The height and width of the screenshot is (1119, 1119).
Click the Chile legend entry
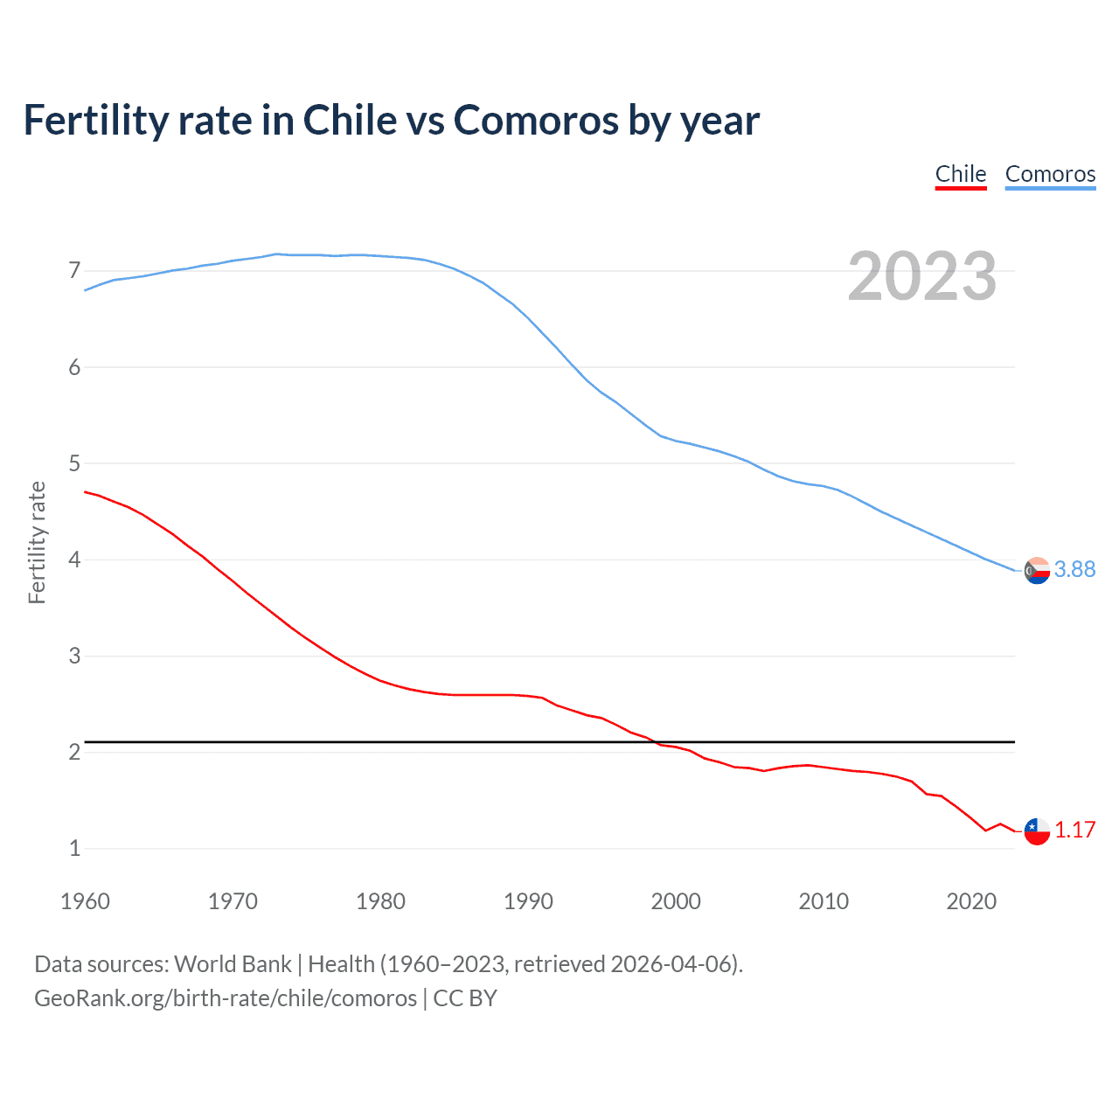[961, 174]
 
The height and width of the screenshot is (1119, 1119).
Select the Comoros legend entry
[1050, 174]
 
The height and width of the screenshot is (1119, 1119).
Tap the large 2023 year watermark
[921, 276]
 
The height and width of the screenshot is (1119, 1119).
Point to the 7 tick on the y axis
[74, 271]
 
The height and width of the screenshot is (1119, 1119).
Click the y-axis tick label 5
[74, 463]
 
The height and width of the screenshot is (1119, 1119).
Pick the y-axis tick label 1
[74, 848]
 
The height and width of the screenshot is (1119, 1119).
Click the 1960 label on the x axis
[85, 901]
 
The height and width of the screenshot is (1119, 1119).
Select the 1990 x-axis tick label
[528, 901]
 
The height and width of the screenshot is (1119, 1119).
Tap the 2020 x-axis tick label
[971, 901]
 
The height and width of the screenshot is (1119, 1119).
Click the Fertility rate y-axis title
[37, 542]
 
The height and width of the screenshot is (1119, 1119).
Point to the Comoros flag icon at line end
[1037, 570]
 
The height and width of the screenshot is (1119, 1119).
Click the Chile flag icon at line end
[1037, 831]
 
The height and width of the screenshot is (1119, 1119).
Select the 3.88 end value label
[1074, 570]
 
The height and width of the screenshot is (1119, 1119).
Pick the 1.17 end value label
[1074, 831]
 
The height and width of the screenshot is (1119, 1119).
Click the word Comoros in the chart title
[535, 120]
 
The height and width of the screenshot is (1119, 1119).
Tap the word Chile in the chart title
[350, 120]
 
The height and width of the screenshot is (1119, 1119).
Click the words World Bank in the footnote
[233, 964]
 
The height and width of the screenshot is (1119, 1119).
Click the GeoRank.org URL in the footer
[226, 998]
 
